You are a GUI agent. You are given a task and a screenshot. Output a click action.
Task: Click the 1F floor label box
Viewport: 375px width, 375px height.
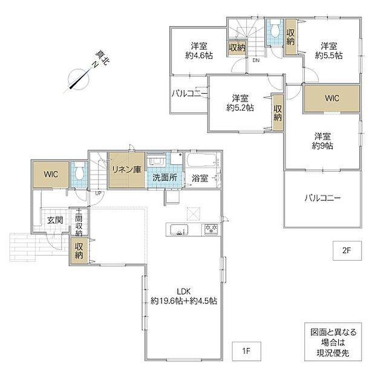pos(246,351)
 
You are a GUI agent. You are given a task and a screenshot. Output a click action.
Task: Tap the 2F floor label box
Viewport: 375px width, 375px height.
pos(347,250)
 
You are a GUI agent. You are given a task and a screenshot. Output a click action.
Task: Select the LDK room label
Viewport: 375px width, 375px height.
pos(184,292)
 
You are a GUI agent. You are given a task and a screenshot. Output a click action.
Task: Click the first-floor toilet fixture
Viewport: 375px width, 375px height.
pos(79,171)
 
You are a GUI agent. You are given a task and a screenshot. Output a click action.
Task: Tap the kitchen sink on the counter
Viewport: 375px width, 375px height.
pos(179,230)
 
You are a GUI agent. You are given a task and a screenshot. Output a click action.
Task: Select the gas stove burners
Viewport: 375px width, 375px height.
pos(211,229)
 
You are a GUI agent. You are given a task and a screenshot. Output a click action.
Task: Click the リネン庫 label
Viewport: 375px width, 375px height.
pos(127,169)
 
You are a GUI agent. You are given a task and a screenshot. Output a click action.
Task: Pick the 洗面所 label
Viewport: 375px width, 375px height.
pos(165,177)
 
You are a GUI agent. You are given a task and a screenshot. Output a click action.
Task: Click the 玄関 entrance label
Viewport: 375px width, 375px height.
pos(55,220)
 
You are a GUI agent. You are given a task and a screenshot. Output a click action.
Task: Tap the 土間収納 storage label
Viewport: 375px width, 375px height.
pos(79,222)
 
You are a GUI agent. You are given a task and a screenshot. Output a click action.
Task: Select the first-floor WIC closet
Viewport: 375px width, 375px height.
pos(51,174)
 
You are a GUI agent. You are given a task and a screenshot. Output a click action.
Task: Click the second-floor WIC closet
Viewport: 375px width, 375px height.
pos(332,99)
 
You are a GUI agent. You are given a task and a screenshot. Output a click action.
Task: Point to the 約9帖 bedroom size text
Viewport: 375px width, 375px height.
pos(322,146)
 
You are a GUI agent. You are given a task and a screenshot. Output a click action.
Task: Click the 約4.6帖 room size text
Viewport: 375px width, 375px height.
pos(199,56)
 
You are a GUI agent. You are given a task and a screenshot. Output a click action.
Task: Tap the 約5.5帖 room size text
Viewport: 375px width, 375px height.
pos(329,56)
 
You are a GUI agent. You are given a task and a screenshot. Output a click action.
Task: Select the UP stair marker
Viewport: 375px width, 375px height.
pos(98,193)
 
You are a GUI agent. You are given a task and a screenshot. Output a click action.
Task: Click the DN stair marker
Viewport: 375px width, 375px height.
pos(256,60)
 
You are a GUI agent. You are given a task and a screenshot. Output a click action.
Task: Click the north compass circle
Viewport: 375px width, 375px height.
pos(79,79)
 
